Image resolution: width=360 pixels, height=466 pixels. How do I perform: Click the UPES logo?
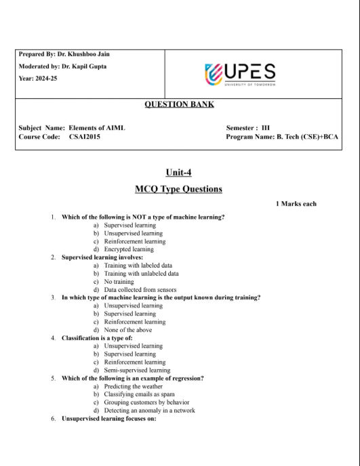(239, 73)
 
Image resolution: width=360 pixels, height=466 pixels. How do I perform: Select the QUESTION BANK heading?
(179, 104)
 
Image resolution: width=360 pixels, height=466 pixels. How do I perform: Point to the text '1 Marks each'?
(296, 204)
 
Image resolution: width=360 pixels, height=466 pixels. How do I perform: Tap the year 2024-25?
(46, 79)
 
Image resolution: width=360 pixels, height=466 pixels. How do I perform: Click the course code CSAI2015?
(85, 137)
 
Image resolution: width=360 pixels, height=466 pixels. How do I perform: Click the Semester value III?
(265, 127)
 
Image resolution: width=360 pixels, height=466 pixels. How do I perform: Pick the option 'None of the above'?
(128, 330)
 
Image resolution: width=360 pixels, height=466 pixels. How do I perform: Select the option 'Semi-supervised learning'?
(137, 370)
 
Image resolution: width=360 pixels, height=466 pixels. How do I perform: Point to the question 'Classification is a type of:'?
(97, 337)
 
